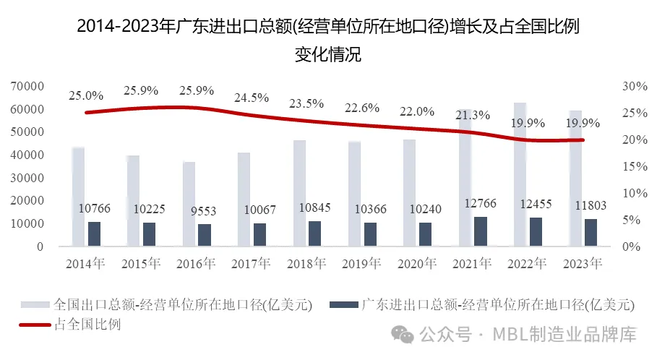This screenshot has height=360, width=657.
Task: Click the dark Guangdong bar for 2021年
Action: pos(480,231)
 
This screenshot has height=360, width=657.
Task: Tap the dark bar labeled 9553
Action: pos(205,235)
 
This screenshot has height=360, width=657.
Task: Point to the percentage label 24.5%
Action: pos(252,98)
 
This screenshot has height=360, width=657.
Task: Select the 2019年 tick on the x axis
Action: pos(362,263)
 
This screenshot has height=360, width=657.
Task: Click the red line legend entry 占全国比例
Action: pos(87,325)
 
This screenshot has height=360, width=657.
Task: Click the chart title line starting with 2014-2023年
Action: pos(328,28)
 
